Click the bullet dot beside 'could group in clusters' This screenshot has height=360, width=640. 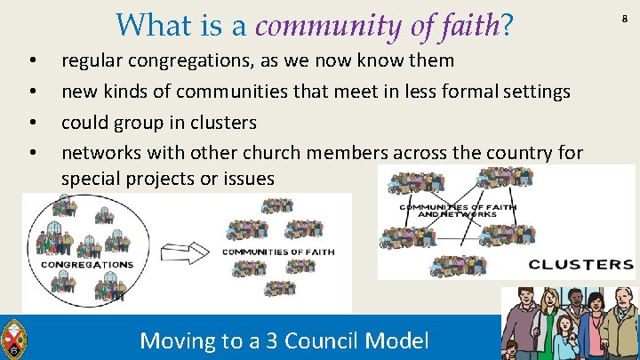coord(33,122)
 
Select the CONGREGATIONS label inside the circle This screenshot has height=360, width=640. coord(87,264)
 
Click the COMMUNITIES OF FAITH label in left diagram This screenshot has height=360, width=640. coord(278,252)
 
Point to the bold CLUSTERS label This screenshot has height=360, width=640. coord(580,264)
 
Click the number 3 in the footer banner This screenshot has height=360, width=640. coord(259,340)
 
